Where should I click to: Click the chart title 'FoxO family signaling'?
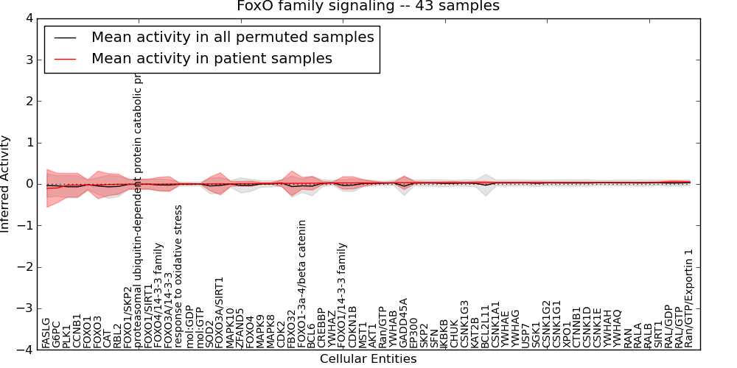coord(368,7)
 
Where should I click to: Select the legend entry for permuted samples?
coord(232,37)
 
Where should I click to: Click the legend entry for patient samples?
coord(212,58)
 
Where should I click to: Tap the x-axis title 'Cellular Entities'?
coord(368,359)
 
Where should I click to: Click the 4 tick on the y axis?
coord(27,18)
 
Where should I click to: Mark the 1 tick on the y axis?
coord(27,143)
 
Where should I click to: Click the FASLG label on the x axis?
coord(46,333)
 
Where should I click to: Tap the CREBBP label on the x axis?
coord(321,327)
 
